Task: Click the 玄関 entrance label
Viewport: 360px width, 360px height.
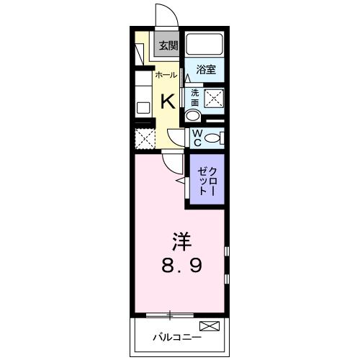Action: tap(168, 46)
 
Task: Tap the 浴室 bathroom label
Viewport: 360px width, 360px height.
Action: tap(207, 70)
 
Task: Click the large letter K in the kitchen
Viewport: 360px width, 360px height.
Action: tap(167, 99)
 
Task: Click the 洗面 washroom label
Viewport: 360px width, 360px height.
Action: tap(194, 96)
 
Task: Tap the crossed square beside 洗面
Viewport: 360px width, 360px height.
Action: tap(215, 99)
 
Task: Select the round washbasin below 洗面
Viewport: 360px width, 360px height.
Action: tap(193, 117)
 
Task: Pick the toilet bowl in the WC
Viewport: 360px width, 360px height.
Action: tap(214, 138)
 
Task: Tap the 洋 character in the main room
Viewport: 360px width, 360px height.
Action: tap(181, 239)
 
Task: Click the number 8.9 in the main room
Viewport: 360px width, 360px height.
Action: tap(181, 265)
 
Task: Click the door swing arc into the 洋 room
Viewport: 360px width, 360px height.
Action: tap(170, 162)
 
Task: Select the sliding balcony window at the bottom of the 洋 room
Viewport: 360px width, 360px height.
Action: tap(170, 314)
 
